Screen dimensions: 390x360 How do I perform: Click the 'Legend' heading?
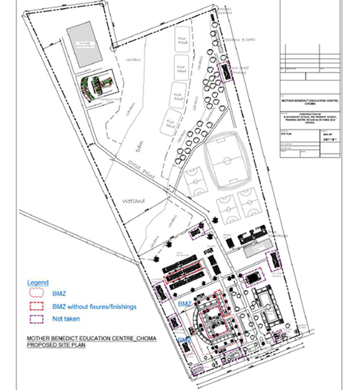point(38,282)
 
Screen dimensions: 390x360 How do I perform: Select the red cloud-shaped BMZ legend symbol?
point(39,294)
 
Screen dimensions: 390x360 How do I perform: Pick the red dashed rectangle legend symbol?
point(39,307)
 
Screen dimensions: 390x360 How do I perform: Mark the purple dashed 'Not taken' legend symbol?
point(39,319)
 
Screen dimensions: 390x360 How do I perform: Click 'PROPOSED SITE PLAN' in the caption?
point(57,345)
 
